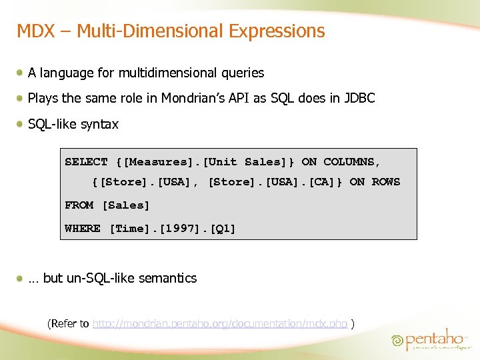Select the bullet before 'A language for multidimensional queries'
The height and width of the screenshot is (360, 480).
point(21,73)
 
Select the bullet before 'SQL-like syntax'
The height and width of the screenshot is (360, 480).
point(21,124)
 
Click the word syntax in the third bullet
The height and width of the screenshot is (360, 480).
point(100,125)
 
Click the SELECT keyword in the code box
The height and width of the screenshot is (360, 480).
point(86,162)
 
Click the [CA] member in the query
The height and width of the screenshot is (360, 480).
point(321,182)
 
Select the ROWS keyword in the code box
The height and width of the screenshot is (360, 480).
point(385,182)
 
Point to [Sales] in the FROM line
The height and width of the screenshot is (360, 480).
point(126,205)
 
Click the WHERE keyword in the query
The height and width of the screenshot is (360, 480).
point(83,229)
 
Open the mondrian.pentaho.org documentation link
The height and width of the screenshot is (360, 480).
point(220,324)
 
